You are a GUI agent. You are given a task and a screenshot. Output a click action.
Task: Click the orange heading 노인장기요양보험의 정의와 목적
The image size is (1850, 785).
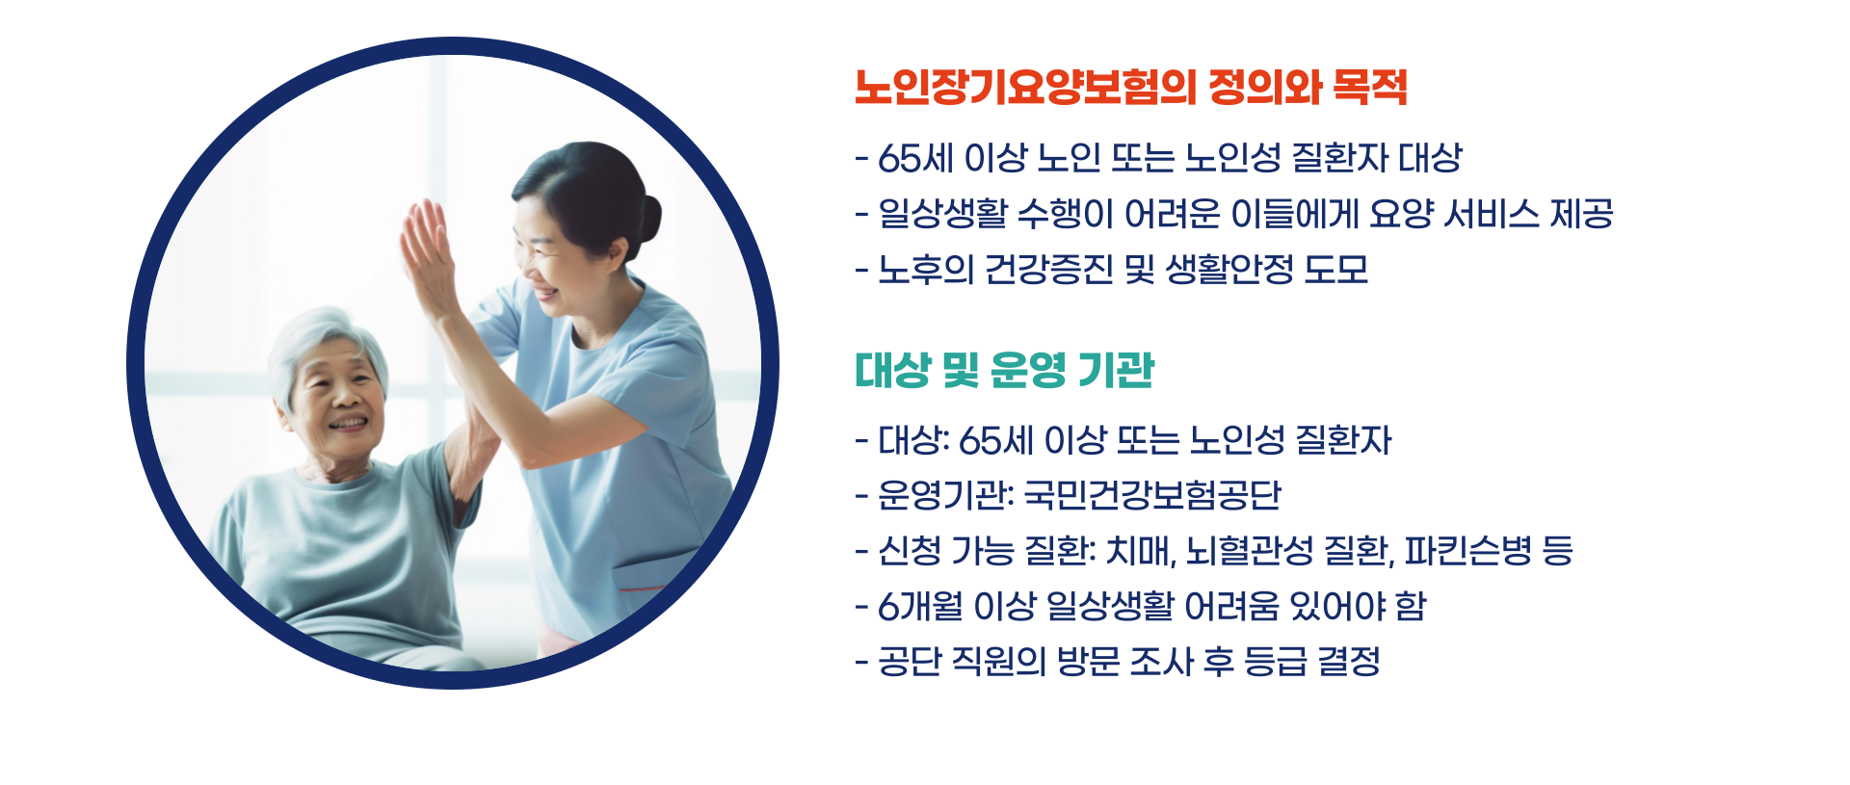point(1129,88)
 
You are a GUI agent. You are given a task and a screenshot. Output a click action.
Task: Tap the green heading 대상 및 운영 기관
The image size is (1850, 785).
point(1003,370)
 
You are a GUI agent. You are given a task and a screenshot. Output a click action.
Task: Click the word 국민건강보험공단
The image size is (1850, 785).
point(1151,495)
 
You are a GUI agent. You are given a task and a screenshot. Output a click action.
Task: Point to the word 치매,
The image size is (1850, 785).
point(1141,551)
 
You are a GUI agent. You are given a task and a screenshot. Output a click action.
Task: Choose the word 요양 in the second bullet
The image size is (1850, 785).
point(1401,214)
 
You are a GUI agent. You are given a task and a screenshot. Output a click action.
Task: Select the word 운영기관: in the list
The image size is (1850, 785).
point(945,495)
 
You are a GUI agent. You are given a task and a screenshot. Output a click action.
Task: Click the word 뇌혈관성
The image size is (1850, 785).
point(1250,551)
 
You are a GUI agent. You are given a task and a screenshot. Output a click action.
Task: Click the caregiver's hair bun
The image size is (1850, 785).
point(647,218)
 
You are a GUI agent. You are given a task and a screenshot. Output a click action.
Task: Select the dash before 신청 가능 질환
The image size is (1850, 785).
point(861,552)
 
